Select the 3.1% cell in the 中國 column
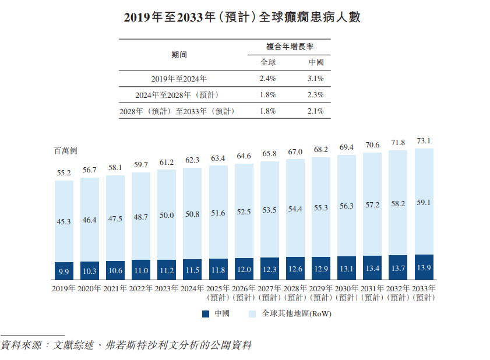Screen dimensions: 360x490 [x=316, y=78]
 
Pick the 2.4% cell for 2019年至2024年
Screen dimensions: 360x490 [x=267, y=78]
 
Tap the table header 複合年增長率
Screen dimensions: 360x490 [x=291, y=47]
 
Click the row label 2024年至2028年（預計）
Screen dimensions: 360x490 [x=177, y=94]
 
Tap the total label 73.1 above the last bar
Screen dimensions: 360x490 [x=424, y=142]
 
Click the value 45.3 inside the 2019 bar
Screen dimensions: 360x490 [x=64, y=221]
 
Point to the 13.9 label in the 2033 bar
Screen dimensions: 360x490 [x=424, y=269]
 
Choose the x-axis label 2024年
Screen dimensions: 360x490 [x=192, y=288]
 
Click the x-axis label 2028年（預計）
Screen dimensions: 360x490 [x=295, y=292]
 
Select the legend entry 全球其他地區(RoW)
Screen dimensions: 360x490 [x=291, y=314]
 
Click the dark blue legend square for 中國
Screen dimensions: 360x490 [x=206, y=314]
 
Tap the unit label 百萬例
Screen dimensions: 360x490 [x=66, y=151]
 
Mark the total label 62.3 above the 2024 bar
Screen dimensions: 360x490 [x=192, y=160]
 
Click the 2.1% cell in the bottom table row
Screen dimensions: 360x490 [x=316, y=111]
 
